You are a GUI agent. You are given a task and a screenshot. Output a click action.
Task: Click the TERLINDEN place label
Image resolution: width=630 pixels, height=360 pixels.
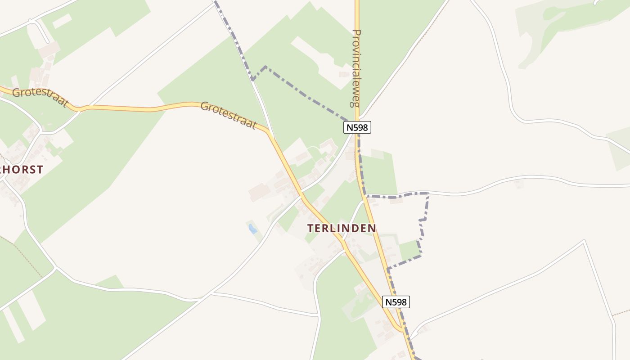click(342, 228)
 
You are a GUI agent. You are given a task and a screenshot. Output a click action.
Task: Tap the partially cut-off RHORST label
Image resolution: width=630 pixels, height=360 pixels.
click(22, 170)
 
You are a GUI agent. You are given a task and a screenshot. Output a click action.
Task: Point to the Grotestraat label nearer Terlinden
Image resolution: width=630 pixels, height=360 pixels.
click(228, 115)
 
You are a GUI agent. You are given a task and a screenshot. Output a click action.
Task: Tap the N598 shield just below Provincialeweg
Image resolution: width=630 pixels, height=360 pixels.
click(357, 127)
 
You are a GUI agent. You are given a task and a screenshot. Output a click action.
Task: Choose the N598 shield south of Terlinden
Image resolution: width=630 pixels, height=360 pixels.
click(396, 302)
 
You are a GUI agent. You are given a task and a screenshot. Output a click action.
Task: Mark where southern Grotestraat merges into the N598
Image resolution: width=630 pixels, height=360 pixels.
click(402, 331)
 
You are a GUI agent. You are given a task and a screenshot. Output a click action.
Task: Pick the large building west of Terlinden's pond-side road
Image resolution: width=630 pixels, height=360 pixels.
click(260, 193)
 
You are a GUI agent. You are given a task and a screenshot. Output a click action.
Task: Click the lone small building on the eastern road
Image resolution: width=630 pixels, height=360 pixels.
click(520, 184)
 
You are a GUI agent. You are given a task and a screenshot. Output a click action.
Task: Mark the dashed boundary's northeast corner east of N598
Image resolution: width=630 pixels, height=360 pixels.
click(427, 193)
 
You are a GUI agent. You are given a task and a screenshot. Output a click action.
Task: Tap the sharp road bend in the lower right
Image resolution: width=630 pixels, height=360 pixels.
click(584, 241)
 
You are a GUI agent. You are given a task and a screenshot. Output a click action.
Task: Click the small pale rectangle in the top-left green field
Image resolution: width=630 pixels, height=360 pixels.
click(62, 21)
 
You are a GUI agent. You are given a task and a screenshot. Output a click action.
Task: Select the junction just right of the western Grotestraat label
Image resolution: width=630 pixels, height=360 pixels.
click(79, 108)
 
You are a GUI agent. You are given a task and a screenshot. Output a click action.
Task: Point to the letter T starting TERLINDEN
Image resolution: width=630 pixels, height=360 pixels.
click(310, 228)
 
